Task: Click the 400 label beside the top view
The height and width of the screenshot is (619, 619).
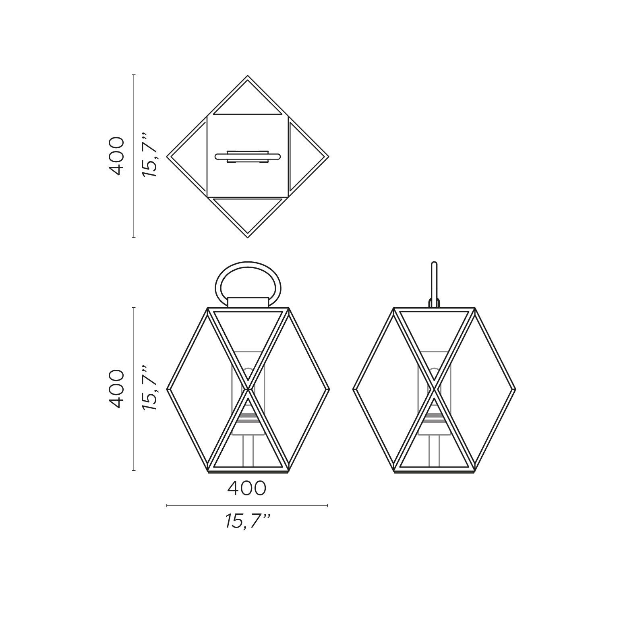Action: [x=117, y=156]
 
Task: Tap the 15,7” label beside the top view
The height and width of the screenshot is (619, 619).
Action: [x=149, y=156]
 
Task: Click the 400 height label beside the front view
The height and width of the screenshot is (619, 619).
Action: [x=117, y=389]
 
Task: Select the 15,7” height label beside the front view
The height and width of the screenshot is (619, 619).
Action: [x=149, y=389]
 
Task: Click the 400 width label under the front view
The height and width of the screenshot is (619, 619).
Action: [x=247, y=489]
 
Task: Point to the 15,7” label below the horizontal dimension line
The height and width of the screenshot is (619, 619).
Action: [x=247, y=522]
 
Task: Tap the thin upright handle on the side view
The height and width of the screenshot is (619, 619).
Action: [x=434, y=282]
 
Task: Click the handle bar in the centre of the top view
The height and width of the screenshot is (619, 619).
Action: [x=248, y=156]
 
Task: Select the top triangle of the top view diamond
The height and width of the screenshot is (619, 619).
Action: [x=247, y=103]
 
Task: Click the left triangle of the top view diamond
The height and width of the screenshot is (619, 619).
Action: [x=189, y=156]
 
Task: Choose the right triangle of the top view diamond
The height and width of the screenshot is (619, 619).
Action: [x=306, y=156]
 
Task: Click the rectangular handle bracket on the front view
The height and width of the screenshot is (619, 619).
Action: [x=248, y=302]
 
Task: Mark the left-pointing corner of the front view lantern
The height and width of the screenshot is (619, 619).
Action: [x=168, y=389]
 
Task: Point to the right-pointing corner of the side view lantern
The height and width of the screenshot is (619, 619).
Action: [x=514, y=389]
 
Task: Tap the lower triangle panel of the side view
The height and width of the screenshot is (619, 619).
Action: [x=434, y=443]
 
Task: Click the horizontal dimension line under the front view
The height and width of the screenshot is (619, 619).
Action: [x=247, y=505]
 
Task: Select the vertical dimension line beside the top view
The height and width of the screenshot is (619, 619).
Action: [x=134, y=156]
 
